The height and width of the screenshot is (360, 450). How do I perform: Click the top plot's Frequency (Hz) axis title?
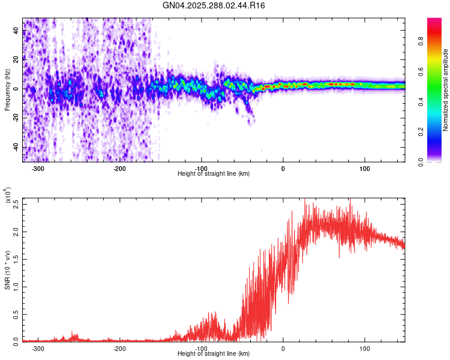pyautogui.click(x=7, y=90)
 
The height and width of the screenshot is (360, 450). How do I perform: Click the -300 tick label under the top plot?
pyautogui.click(x=38, y=168)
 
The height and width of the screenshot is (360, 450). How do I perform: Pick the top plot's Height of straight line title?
pyautogui.click(x=214, y=173)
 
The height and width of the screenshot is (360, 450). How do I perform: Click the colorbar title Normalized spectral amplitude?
pyautogui.click(x=446, y=90)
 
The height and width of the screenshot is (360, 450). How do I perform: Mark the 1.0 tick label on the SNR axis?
pyautogui.click(x=16, y=286)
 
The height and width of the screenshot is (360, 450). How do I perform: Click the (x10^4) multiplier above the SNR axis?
pyautogui.click(x=8, y=196)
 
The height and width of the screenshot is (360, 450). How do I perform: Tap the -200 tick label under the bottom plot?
pyautogui.click(x=119, y=348)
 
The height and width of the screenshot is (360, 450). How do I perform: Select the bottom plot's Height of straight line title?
pyautogui.click(x=214, y=354)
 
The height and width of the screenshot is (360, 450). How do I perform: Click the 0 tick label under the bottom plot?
pyautogui.click(x=283, y=348)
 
